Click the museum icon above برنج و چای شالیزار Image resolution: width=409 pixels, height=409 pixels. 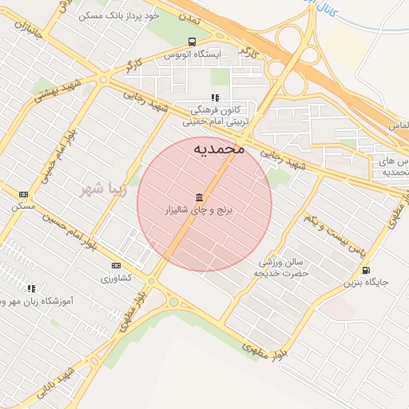[x=197, y=197]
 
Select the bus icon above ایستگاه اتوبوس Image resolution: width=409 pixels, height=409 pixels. [x=191, y=42]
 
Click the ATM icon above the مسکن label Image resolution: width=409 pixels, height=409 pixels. [x=23, y=194]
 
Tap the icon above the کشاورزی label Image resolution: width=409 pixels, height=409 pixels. [x=116, y=265]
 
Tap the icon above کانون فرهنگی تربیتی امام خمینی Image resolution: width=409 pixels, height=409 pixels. [x=215, y=98]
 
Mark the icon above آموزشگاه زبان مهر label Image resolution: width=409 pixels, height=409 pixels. [x=31, y=288]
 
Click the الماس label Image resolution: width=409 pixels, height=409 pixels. [x=398, y=126]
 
